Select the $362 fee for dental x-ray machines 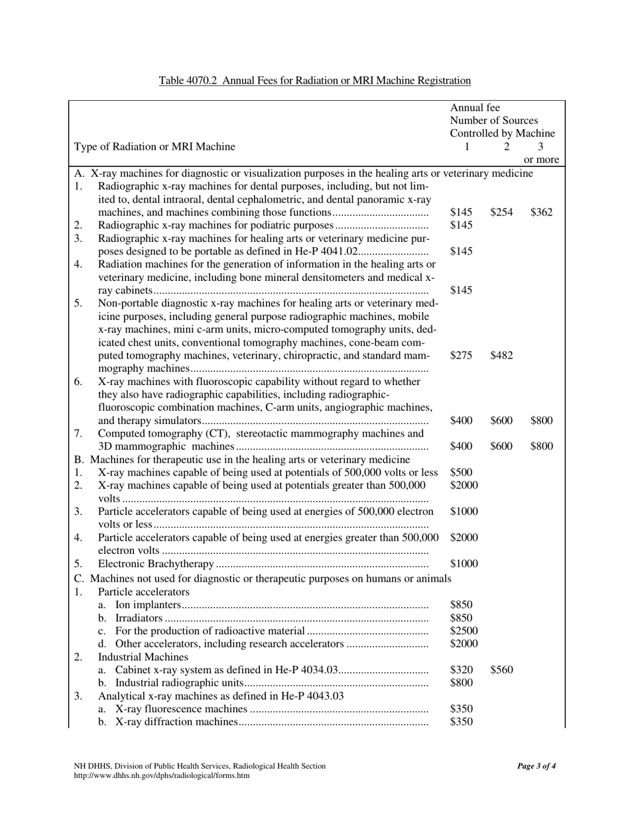[x=541, y=213]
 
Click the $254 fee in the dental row [x=501, y=213]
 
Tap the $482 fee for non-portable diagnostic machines [x=501, y=355]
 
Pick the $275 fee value [x=461, y=355]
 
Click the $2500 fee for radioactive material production [x=464, y=630]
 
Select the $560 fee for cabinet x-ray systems [x=501, y=670]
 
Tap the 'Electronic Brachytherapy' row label [x=157, y=564]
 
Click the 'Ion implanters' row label [x=148, y=604]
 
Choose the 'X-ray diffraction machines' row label [x=176, y=722]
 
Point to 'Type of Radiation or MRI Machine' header [x=154, y=146]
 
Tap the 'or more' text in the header [x=541, y=160]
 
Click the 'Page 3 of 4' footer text [x=536, y=766]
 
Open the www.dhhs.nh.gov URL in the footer [x=162, y=775]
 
